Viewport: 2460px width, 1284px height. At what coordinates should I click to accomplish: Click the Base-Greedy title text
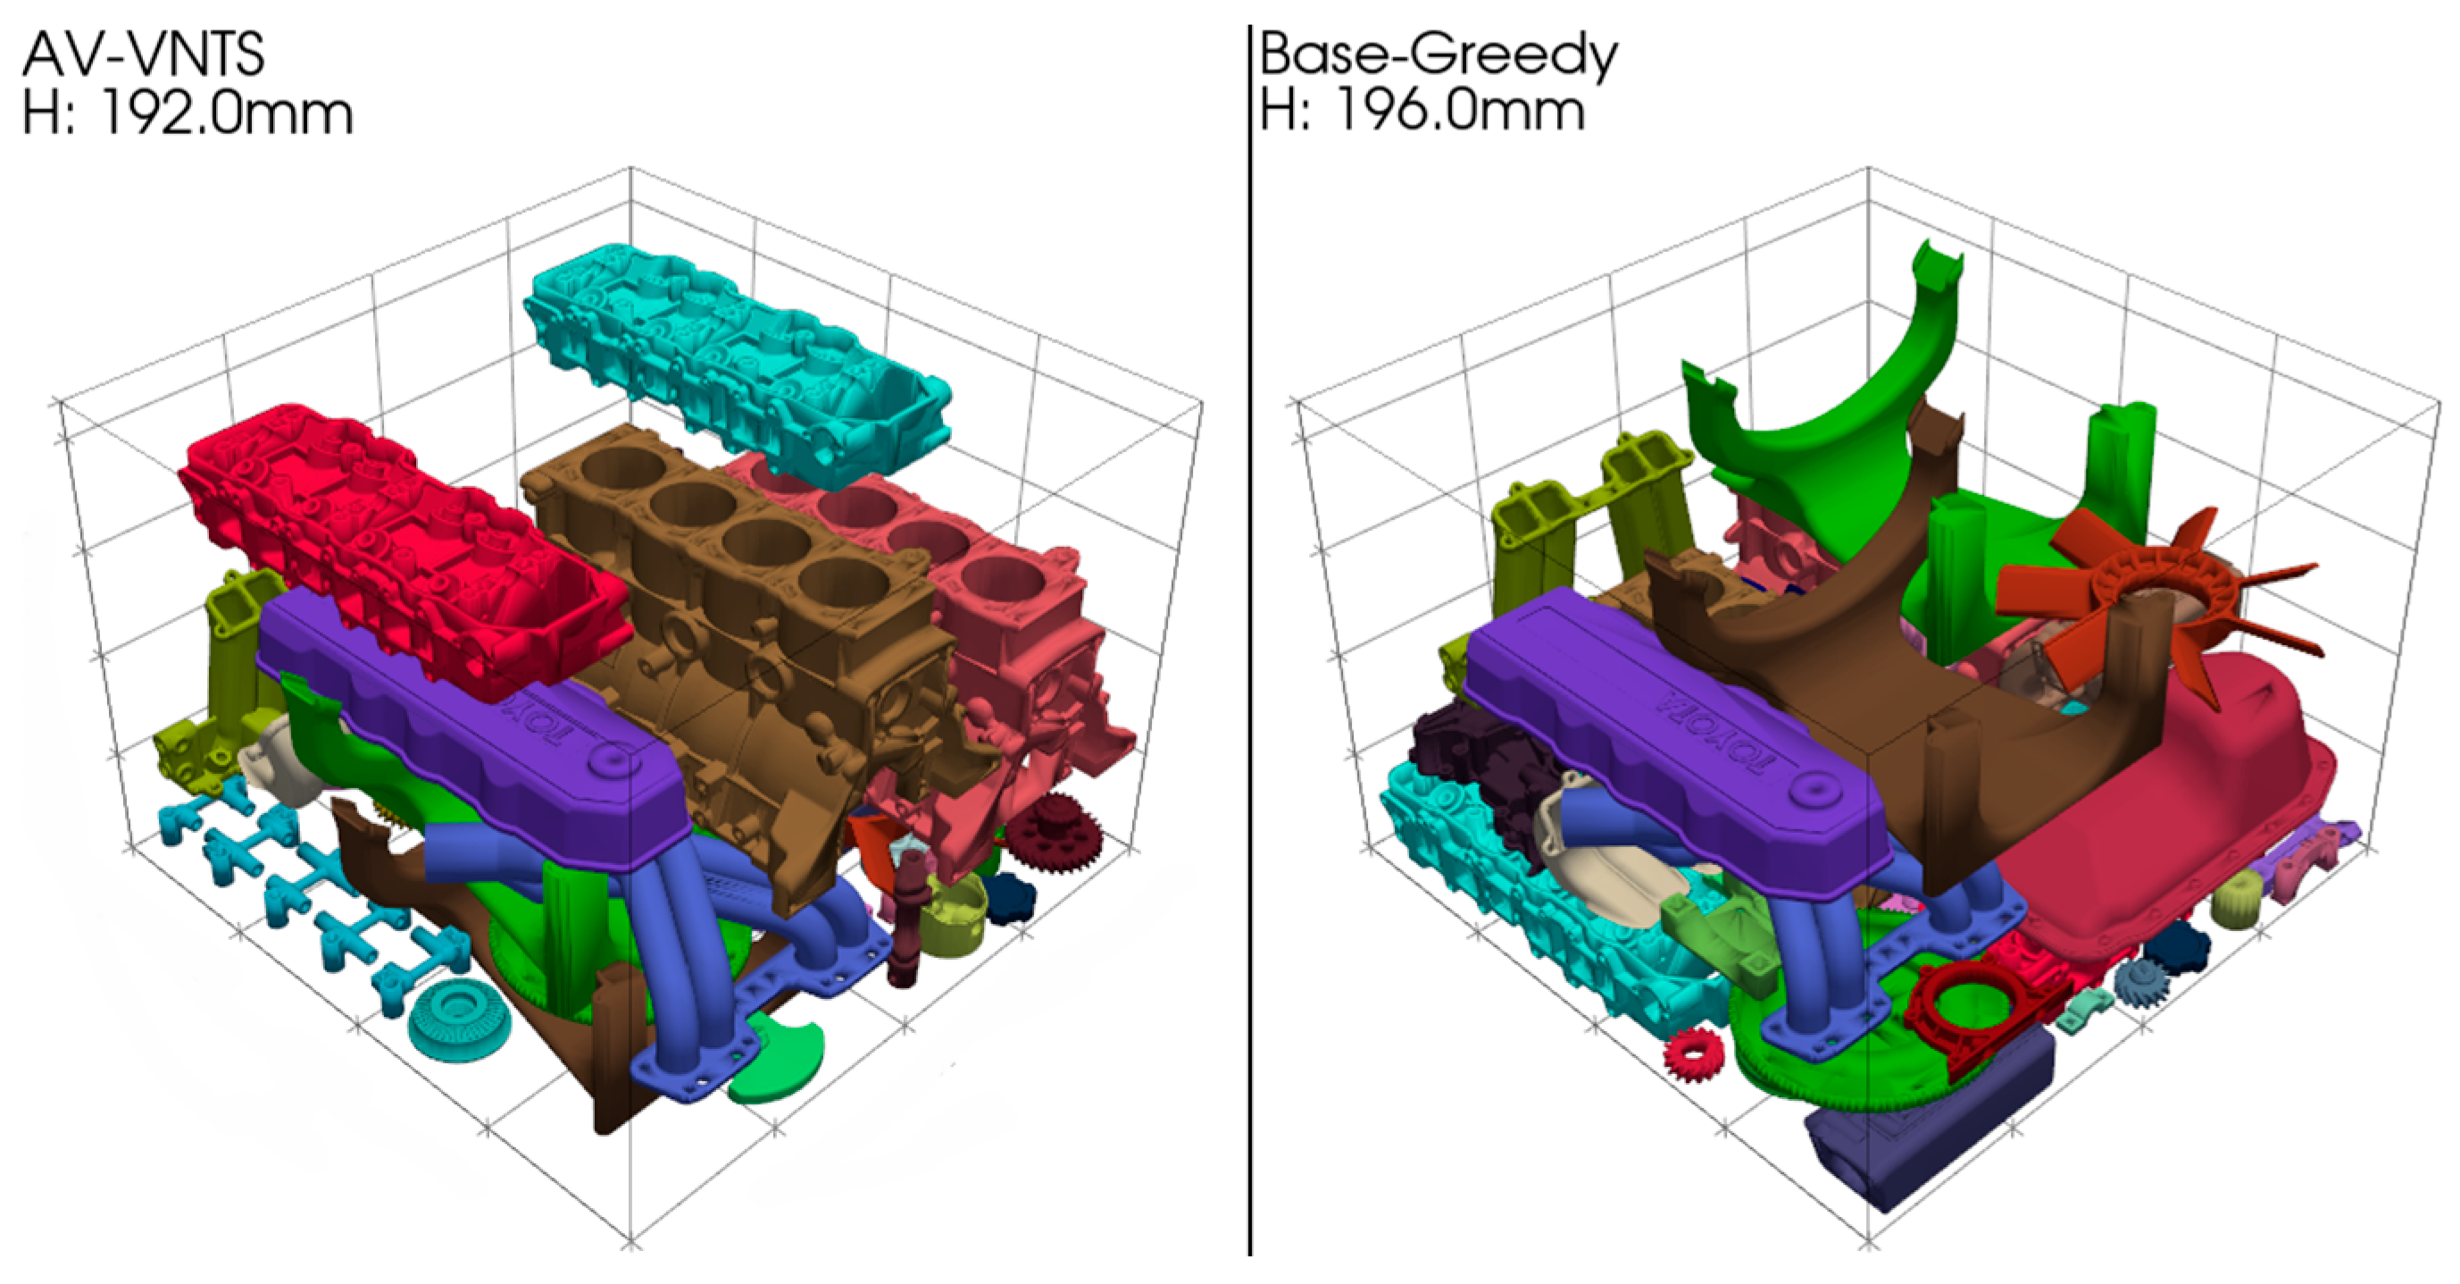[x=1438, y=55]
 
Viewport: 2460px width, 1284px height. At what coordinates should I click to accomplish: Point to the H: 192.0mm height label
[x=188, y=113]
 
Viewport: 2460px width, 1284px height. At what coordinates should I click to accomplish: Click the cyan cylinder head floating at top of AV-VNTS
[x=736, y=363]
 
